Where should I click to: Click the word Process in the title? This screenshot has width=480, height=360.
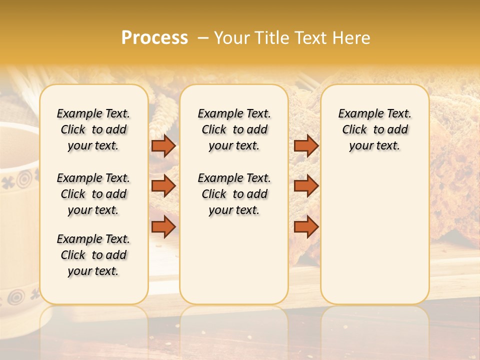pos(154,38)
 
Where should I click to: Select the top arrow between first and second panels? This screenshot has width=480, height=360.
pos(163,145)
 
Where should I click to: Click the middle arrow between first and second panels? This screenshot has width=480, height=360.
pos(163,186)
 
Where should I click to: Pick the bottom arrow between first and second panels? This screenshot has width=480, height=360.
pos(163,226)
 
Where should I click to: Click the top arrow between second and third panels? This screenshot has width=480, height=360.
pos(306,145)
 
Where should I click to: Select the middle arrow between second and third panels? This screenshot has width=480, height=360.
pos(306,186)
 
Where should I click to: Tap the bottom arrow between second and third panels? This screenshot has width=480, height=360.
pos(306,226)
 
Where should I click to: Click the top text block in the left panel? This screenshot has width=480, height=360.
pos(93,129)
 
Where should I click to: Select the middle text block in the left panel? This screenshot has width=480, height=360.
pos(93,194)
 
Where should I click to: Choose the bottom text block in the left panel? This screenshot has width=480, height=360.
pos(93,255)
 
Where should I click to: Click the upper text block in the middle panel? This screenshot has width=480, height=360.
pos(234,129)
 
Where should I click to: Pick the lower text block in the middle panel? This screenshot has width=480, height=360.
pos(234,194)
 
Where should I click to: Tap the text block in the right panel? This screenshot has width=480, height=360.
pos(375,129)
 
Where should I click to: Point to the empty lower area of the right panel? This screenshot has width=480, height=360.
pos(375,235)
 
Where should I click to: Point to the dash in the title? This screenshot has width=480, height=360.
pos(202,38)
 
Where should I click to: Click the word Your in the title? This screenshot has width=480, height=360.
pos(233,38)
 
